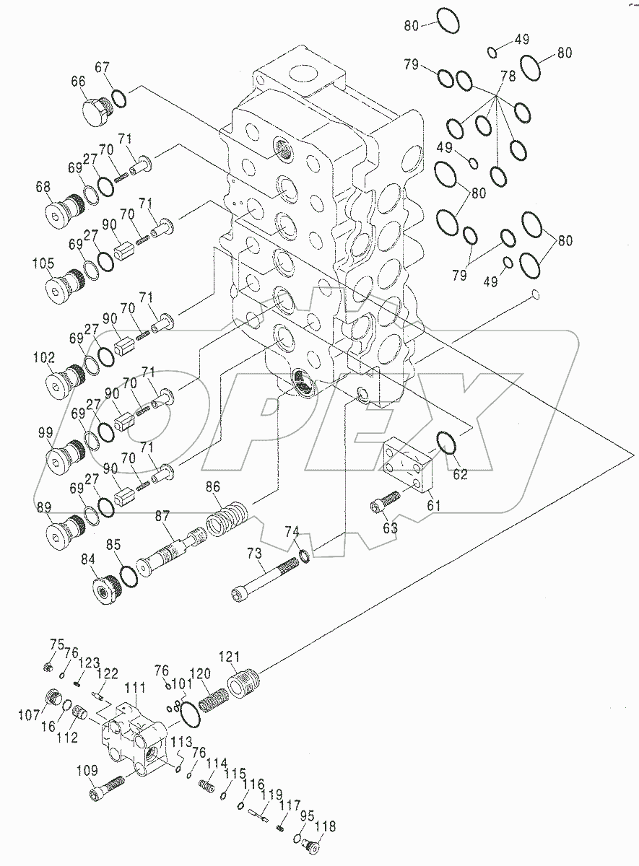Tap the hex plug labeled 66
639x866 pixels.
coord(95,112)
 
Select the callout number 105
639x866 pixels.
coord(43,263)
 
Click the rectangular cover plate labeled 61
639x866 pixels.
coord(407,466)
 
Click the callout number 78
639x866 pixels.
coord(508,76)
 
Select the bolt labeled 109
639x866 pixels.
coord(108,788)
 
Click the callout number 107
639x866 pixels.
coord(28,715)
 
